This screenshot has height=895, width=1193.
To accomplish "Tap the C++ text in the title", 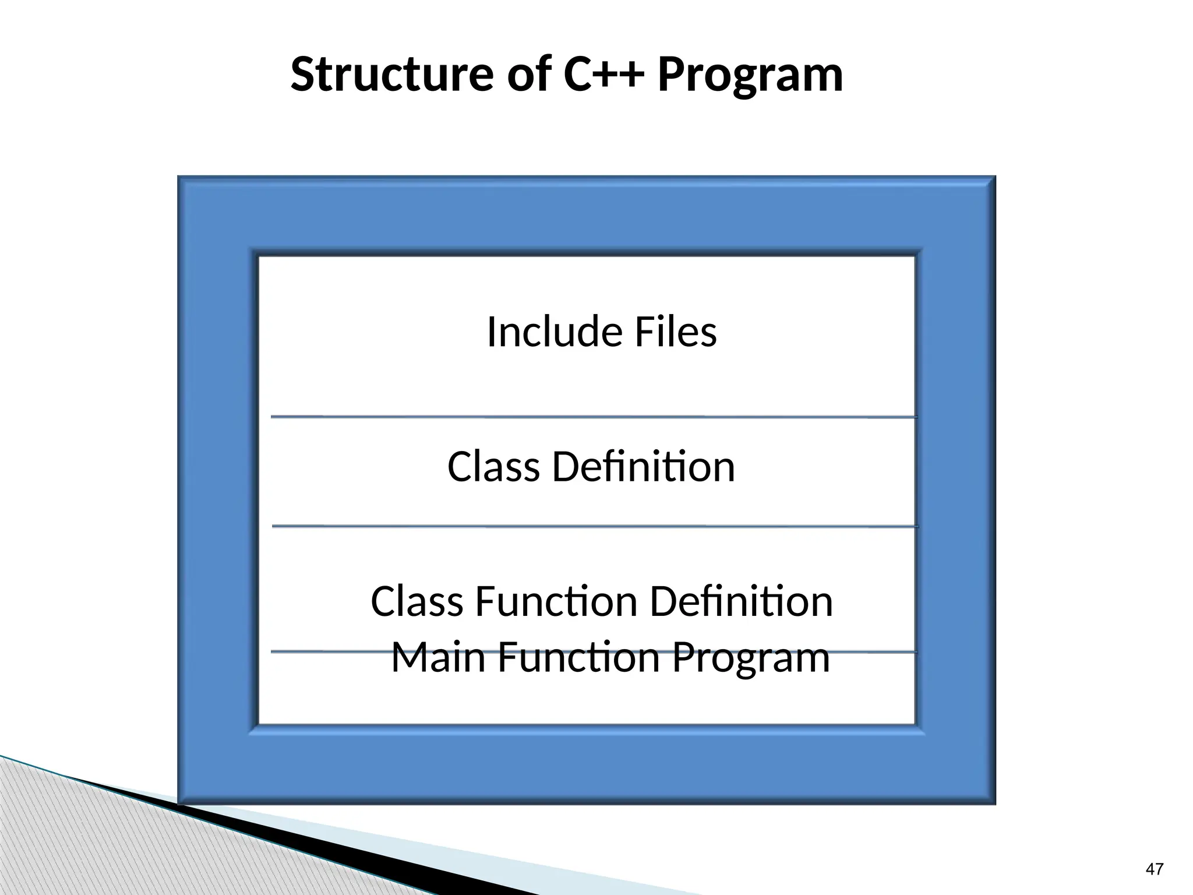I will coord(605,75).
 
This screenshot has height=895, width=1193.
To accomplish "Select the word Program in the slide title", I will coord(750,76).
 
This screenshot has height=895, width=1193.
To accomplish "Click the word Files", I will coord(675,332).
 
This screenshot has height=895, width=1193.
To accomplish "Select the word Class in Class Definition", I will coord(493,467).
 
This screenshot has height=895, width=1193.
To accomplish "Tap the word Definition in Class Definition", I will coord(643,467).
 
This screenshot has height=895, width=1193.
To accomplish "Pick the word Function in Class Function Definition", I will coord(556,601).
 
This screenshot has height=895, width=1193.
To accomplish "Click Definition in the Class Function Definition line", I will coord(741,601).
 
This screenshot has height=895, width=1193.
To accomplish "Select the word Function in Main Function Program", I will coord(578,657).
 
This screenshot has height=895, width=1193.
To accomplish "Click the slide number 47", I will coord(1154,869).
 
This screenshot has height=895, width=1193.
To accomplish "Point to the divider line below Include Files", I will coord(594,417).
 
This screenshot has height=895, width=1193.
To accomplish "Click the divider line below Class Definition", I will coord(594,527).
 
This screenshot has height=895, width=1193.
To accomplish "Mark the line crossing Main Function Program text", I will coord(326,651).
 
